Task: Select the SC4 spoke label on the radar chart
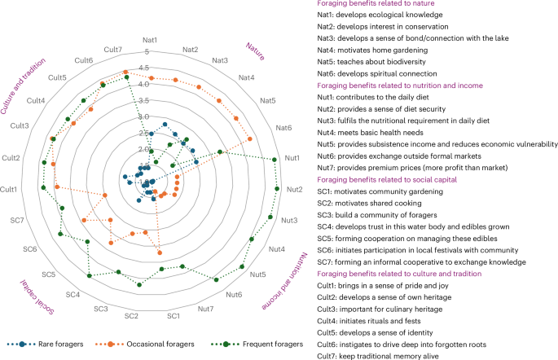pyautogui.click(x=73, y=294)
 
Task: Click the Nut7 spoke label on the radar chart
pyautogui.click(x=206, y=309)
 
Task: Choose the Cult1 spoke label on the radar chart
pyautogui.click(x=11, y=189)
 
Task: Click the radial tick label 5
pyautogui.click(x=147, y=53)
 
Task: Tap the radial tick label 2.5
pyautogui.click(x=143, y=134)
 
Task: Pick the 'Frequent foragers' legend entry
pyautogui.click(x=275, y=345)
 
